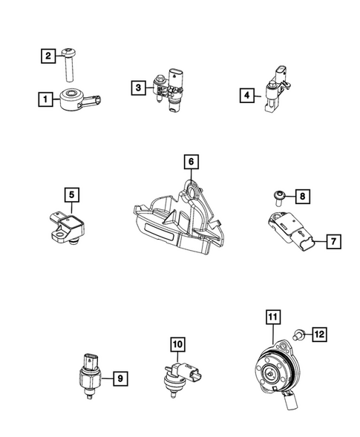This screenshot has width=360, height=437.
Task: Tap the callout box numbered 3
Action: click(138, 88)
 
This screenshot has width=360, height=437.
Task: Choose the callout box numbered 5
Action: click(72, 195)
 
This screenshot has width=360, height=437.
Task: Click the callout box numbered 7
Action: click(333, 241)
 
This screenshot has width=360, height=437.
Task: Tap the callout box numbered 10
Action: click(177, 344)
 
